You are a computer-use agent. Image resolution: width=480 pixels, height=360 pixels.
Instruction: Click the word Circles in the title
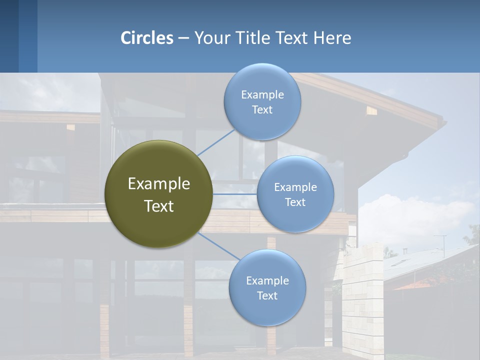pos(147,38)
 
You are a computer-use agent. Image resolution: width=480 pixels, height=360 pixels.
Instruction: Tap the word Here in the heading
pos(332,38)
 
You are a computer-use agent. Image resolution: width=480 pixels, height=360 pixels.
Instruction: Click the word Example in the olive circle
pos(159,184)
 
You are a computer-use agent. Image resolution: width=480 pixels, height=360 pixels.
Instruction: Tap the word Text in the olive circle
pos(159,206)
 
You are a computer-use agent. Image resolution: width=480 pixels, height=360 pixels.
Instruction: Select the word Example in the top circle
pos(262,94)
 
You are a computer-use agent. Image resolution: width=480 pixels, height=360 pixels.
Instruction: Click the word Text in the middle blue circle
pos(295,202)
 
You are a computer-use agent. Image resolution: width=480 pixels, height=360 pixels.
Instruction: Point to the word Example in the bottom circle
pos(267,280)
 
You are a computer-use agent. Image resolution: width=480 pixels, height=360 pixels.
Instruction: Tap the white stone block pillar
pos(362,300)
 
